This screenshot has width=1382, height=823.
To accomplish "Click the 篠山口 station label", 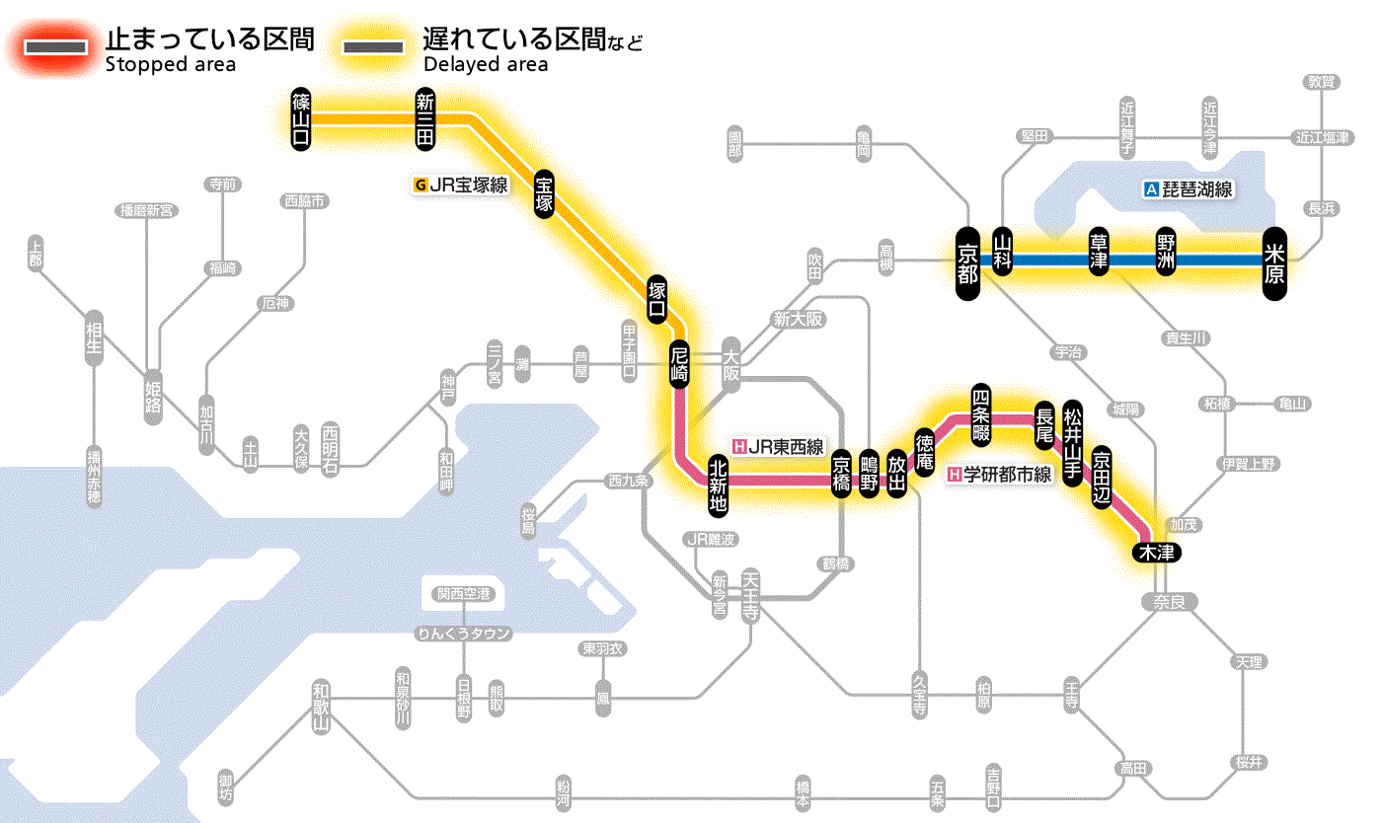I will click(x=301, y=118).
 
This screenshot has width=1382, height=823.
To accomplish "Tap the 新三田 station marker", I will click(x=425, y=118).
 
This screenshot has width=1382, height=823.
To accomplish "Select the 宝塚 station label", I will click(x=545, y=193).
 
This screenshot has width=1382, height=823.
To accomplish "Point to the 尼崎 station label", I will click(x=679, y=365).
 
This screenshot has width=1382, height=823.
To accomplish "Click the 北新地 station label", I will click(x=718, y=484).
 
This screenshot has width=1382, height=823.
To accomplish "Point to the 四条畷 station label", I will click(x=980, y=409).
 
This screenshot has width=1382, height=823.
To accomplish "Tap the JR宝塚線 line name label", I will click(x=462, y=184).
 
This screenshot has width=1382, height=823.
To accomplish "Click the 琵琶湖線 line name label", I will click(x=1188, y=189).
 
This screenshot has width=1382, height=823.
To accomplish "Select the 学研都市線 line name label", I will click(x=1000, y=475).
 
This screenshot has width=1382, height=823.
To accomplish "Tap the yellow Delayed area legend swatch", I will click(x=373, y=47).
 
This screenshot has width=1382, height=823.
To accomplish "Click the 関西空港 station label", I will click(x=464, y=594).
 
